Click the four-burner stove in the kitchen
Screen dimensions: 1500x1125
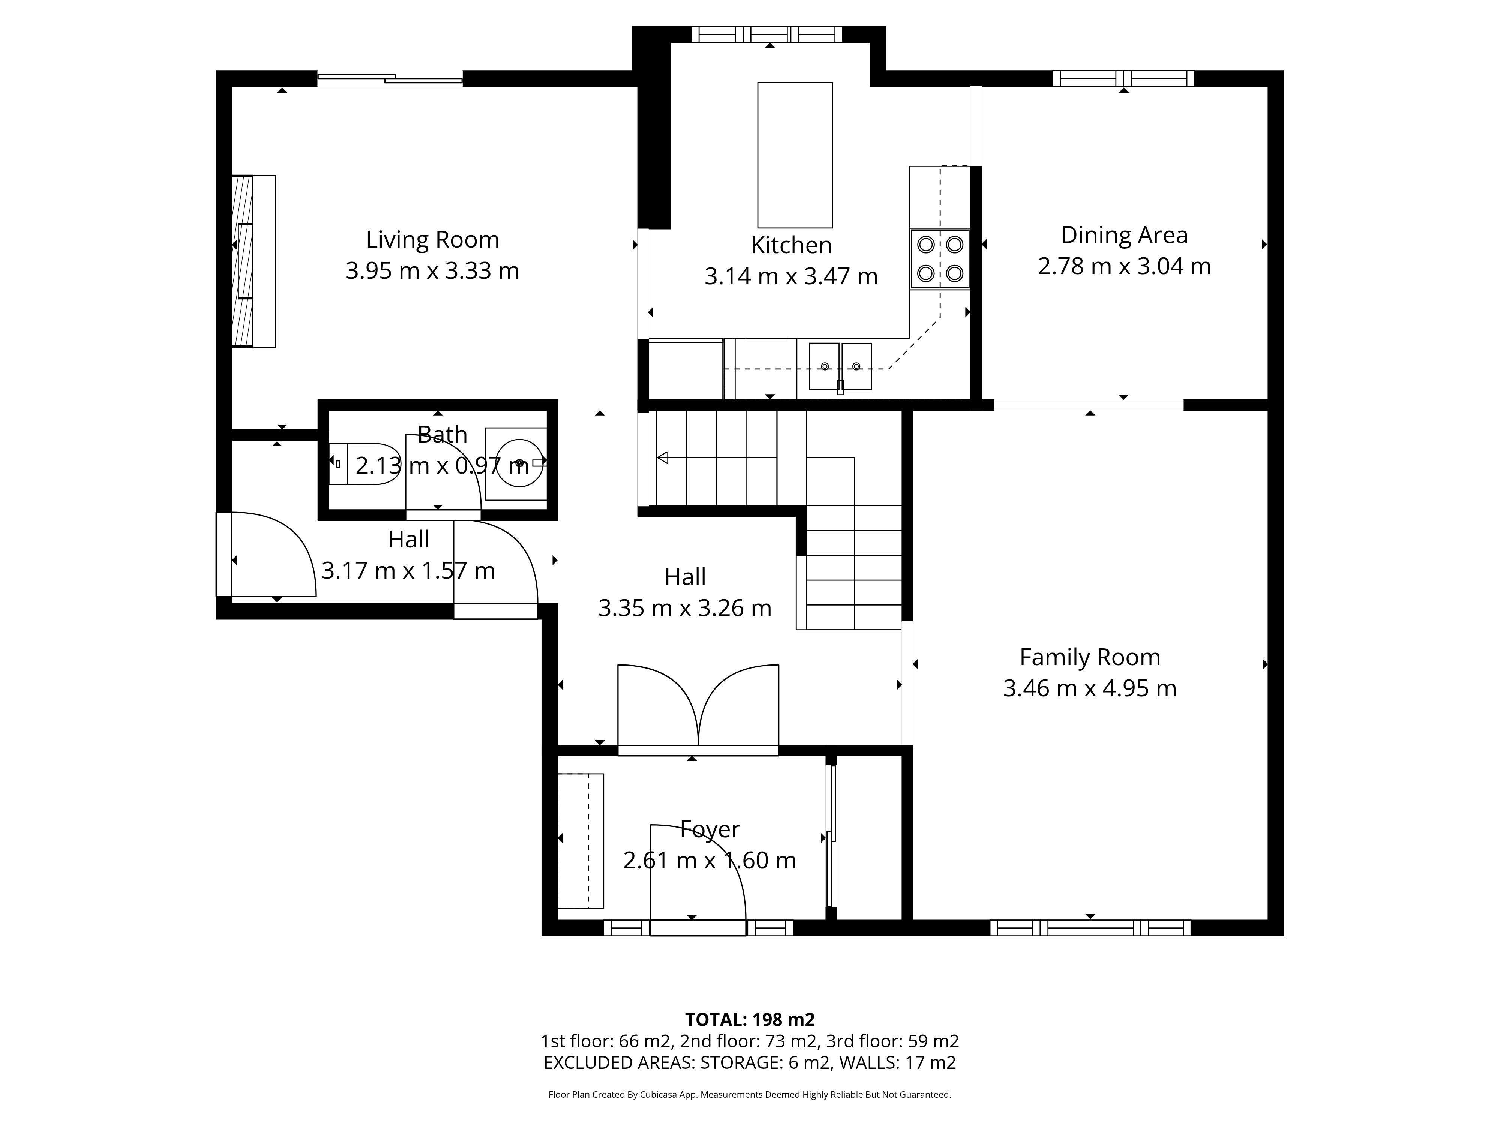point(940,259)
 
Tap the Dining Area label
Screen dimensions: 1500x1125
point(1124,235)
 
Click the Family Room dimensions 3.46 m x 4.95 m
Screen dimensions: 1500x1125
point(1090,688)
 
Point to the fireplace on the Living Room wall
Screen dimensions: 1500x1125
point(253,261)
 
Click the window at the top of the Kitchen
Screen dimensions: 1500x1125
point(766,34)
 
